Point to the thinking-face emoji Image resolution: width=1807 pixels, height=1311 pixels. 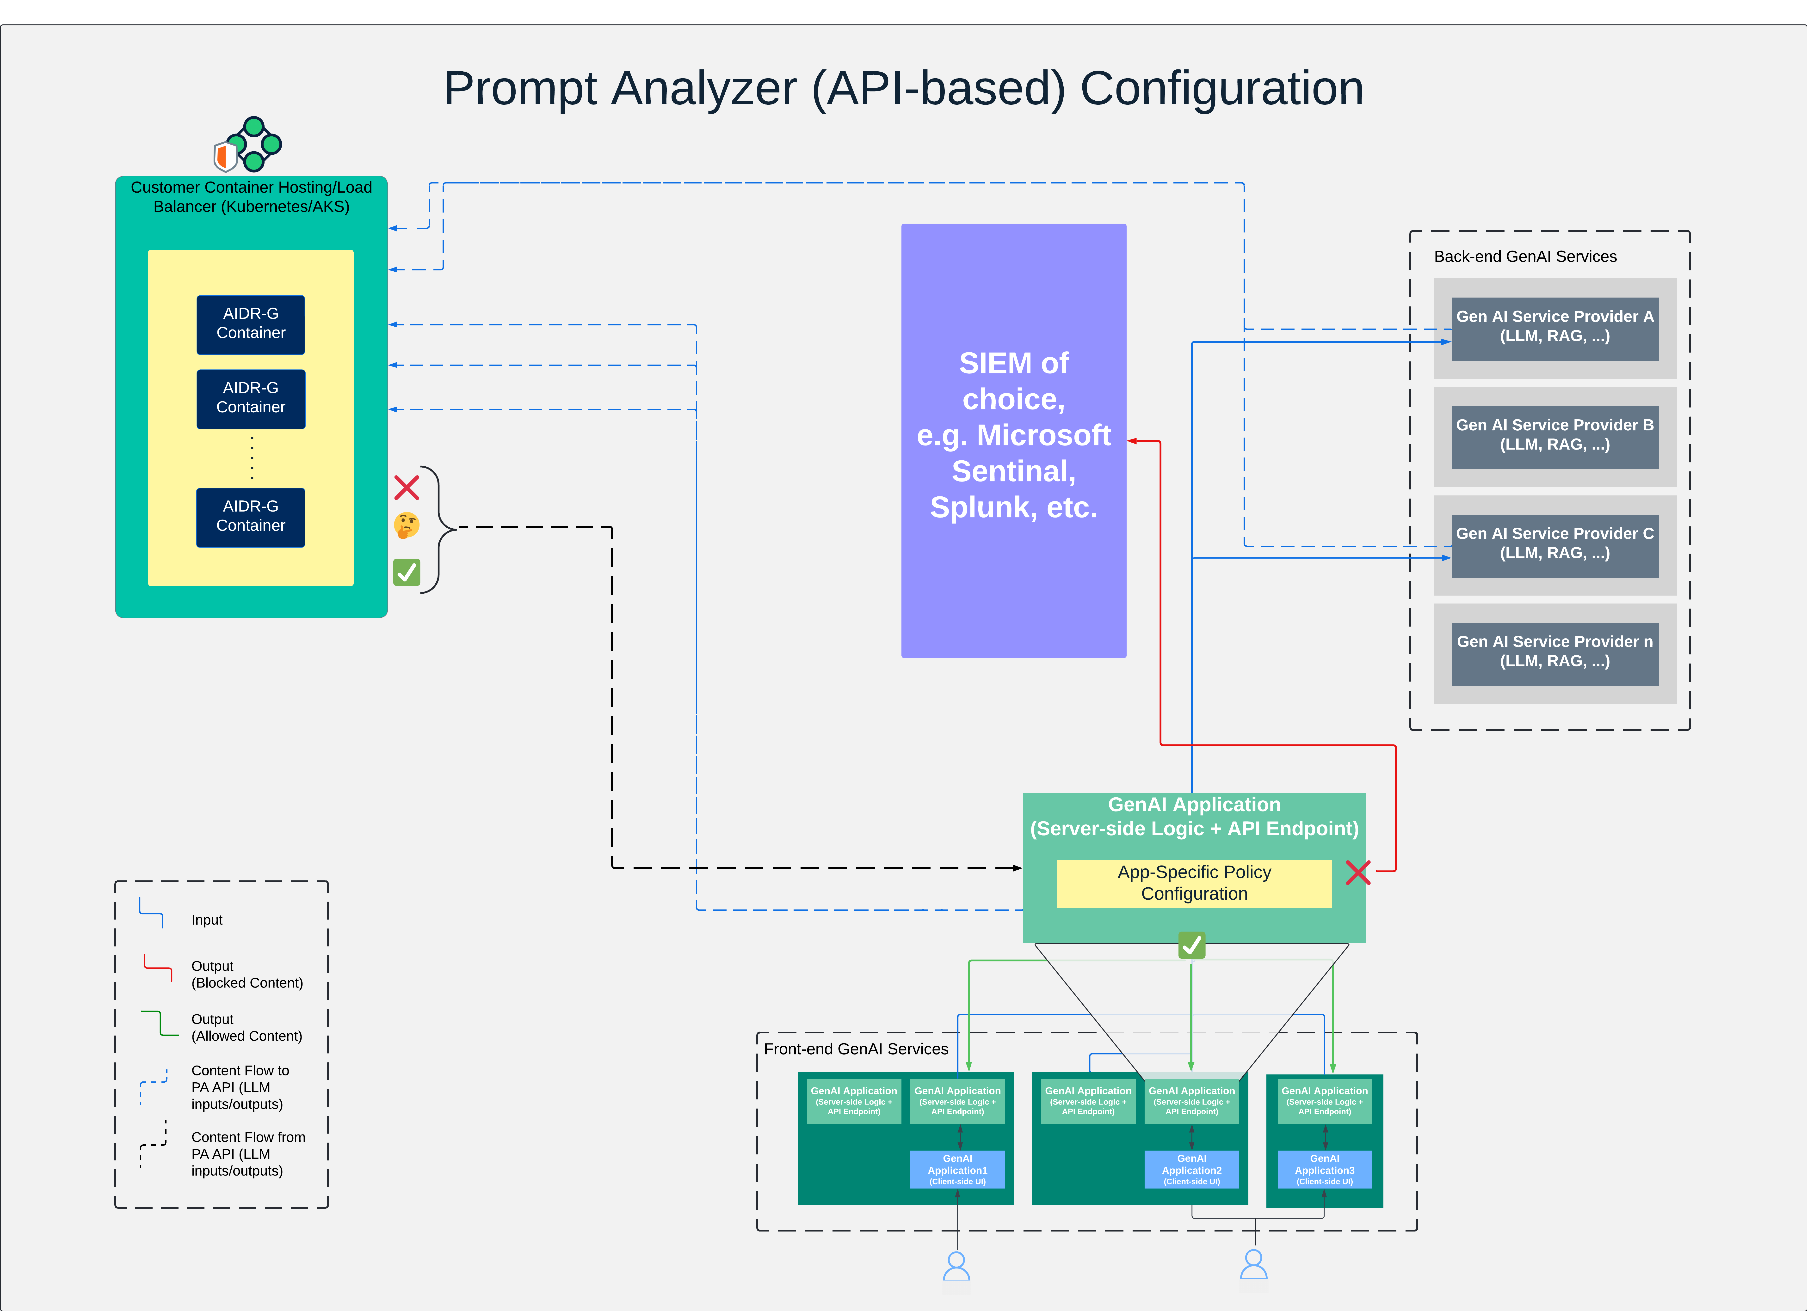click(406, 525)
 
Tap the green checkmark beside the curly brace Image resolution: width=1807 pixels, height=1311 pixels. click(406, 572)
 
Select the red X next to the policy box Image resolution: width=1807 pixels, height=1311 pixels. click(1358, 872)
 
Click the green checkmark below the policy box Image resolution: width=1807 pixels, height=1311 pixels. click(1191, 945)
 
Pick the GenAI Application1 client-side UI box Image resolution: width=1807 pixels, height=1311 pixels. click(957, 1169)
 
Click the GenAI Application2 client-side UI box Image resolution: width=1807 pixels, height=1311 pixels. click(1191, 1169)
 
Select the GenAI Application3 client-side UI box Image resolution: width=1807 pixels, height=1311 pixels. click(1324, 1169)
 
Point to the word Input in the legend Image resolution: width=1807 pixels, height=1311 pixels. click(206, 920)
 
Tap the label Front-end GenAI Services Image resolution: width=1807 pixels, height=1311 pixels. click(856, 1049)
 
